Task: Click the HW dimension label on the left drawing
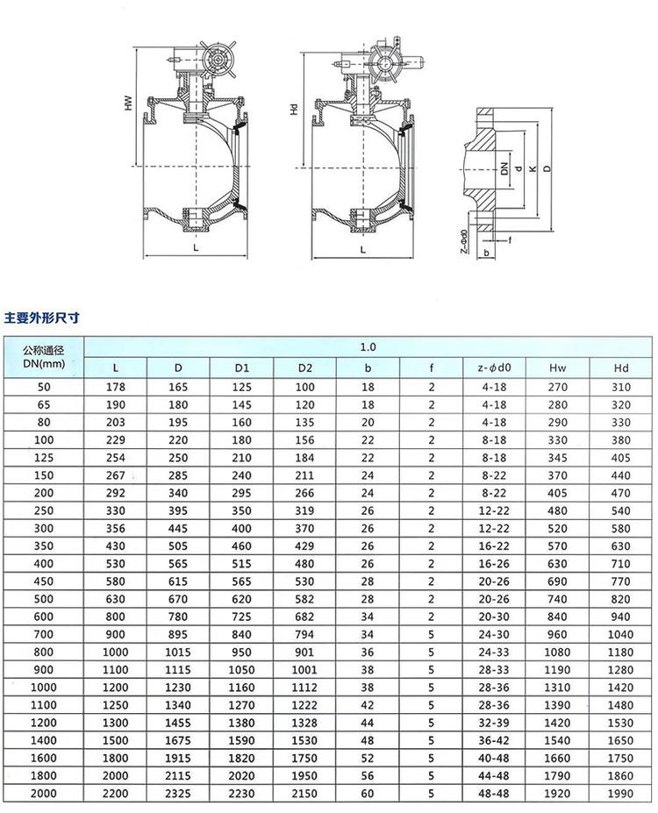[x=129, y=103]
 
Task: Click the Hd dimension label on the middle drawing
[x=294, y=109]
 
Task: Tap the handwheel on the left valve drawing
[x=218, y=59]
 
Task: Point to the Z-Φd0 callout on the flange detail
[x=464, y=241]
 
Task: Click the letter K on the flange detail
[x=532, y=168]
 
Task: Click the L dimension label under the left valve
[x=196, y=248]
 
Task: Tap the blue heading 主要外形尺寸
[x=41, y=317]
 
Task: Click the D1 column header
[x=241, y=367]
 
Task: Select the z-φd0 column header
[x=494, y=367]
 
